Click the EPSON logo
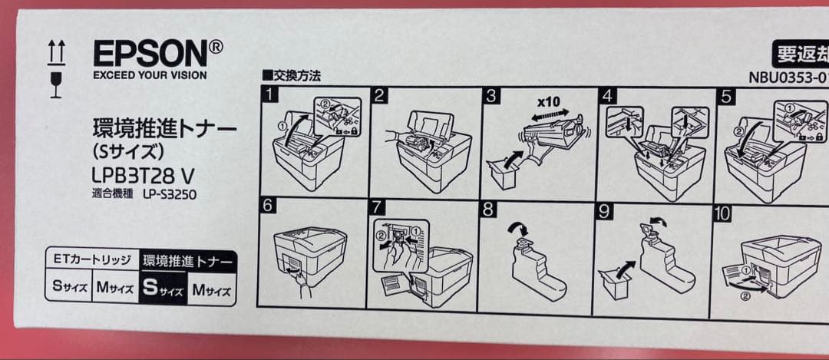tap(157, 54)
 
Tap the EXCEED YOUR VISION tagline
tap(150, 75)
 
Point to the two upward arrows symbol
tap(56, 52)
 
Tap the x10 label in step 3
tap(548, 101)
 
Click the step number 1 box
tap(269, 95)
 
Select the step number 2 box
tap(379, 95)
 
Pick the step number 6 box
tap(268, 206)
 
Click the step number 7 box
tap(375, 208)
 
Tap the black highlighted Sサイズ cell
tap(162, 289)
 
